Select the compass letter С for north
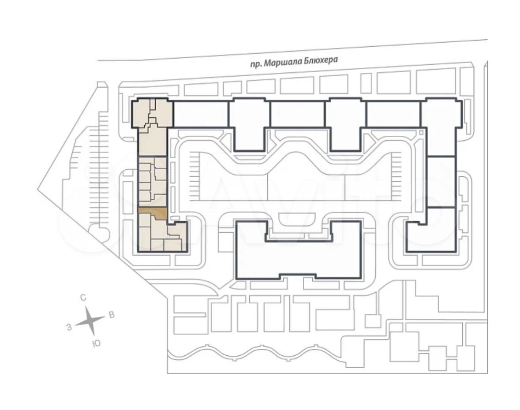click(x=83, y=298)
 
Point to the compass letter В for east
click(x=112, y=314)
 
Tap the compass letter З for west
click(x=69, y=328)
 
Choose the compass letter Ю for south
click(x=96, y=343)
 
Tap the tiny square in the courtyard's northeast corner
click(x=421, y=133)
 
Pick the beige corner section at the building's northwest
click(x=153, y=113)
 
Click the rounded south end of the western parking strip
click(x=99, y=231)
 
